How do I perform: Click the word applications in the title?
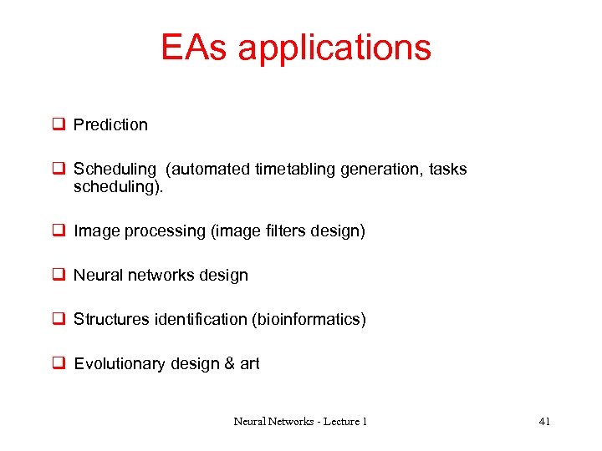[x=334, y=48]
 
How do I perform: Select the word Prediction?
[x=110, y=125]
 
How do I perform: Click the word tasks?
[x=447, y=170]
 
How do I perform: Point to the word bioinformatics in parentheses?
[x=309, y=320]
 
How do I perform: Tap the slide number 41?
[x=544, y=422]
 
